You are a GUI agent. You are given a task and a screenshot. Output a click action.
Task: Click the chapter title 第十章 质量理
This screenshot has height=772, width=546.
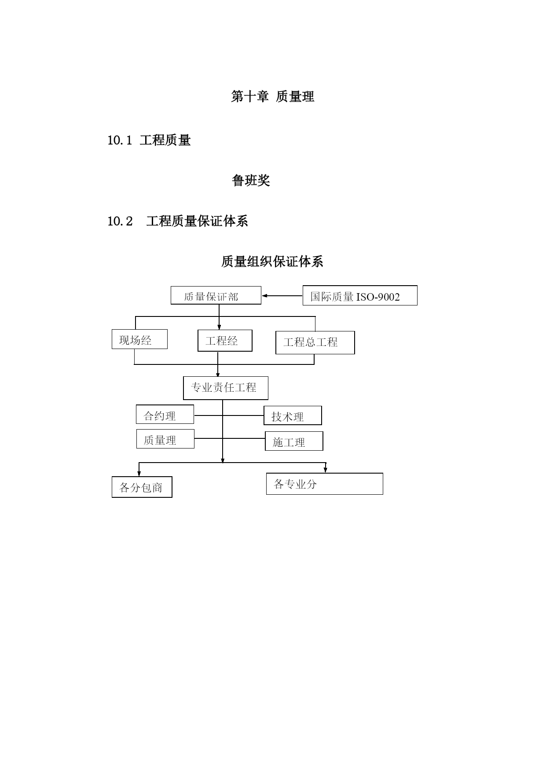273,96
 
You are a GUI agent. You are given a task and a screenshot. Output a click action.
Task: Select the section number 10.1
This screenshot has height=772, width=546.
120,140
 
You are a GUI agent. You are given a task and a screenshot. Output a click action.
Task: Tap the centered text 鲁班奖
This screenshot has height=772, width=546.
251,180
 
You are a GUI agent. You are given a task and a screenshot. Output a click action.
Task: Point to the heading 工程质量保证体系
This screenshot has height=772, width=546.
197,221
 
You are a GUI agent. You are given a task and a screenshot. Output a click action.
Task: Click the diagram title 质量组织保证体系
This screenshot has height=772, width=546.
272,261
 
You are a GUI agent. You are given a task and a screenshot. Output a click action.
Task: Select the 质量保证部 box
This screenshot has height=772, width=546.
216,295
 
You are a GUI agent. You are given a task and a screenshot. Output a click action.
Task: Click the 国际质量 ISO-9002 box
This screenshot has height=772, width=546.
360,295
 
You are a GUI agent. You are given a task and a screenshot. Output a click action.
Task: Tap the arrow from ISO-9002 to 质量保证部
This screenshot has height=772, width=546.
282,296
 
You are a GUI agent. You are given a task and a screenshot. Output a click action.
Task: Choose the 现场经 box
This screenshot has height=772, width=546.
139,339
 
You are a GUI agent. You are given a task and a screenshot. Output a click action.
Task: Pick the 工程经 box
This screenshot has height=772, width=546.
225,341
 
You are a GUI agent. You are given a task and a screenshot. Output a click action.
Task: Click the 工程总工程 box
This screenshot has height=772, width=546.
315,342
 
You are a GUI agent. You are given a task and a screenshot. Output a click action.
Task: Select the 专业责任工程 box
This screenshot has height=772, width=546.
226,388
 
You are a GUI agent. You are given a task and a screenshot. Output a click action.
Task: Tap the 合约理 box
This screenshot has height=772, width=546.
165,414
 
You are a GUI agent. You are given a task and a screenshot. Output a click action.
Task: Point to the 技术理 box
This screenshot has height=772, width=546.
293,415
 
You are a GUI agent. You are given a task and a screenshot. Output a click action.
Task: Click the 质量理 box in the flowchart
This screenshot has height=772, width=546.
165,439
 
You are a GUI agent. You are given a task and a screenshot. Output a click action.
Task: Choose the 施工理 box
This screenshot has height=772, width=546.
294,441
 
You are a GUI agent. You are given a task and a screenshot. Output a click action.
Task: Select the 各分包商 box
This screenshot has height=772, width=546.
142,487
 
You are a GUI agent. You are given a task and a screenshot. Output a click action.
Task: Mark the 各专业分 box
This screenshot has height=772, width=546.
325,484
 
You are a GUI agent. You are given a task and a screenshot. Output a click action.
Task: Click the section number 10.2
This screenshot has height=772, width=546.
120,221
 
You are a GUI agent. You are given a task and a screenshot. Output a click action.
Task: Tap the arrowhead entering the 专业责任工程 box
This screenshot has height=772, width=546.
218,375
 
